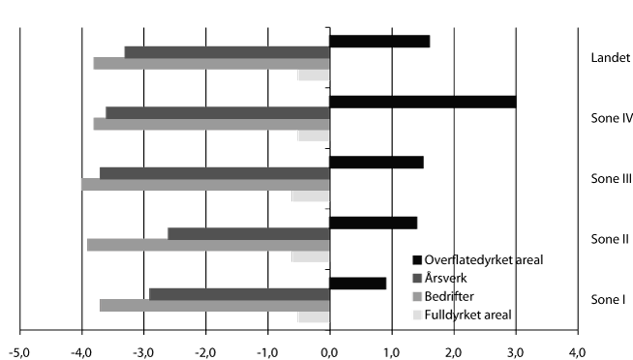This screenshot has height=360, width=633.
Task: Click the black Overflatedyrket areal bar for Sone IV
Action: tap(422, 102)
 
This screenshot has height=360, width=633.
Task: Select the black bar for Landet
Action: tap(379, 41)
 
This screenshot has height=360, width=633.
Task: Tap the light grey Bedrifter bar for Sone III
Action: tap(205, 184)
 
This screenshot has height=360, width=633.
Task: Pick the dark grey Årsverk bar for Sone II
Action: tap(249, 233)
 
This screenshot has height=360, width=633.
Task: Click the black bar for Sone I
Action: tap(358, 283)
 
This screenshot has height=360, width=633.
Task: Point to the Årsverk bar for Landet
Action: tap(227, 52)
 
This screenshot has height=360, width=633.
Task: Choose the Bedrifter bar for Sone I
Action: tap(214, 306)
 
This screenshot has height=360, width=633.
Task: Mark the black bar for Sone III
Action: tap(377, 162)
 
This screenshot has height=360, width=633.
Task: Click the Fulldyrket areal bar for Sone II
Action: tap(311, 256)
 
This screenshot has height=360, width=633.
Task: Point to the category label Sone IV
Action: tap(611, 119)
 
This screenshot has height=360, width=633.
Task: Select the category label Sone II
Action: tap(611, 238)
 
